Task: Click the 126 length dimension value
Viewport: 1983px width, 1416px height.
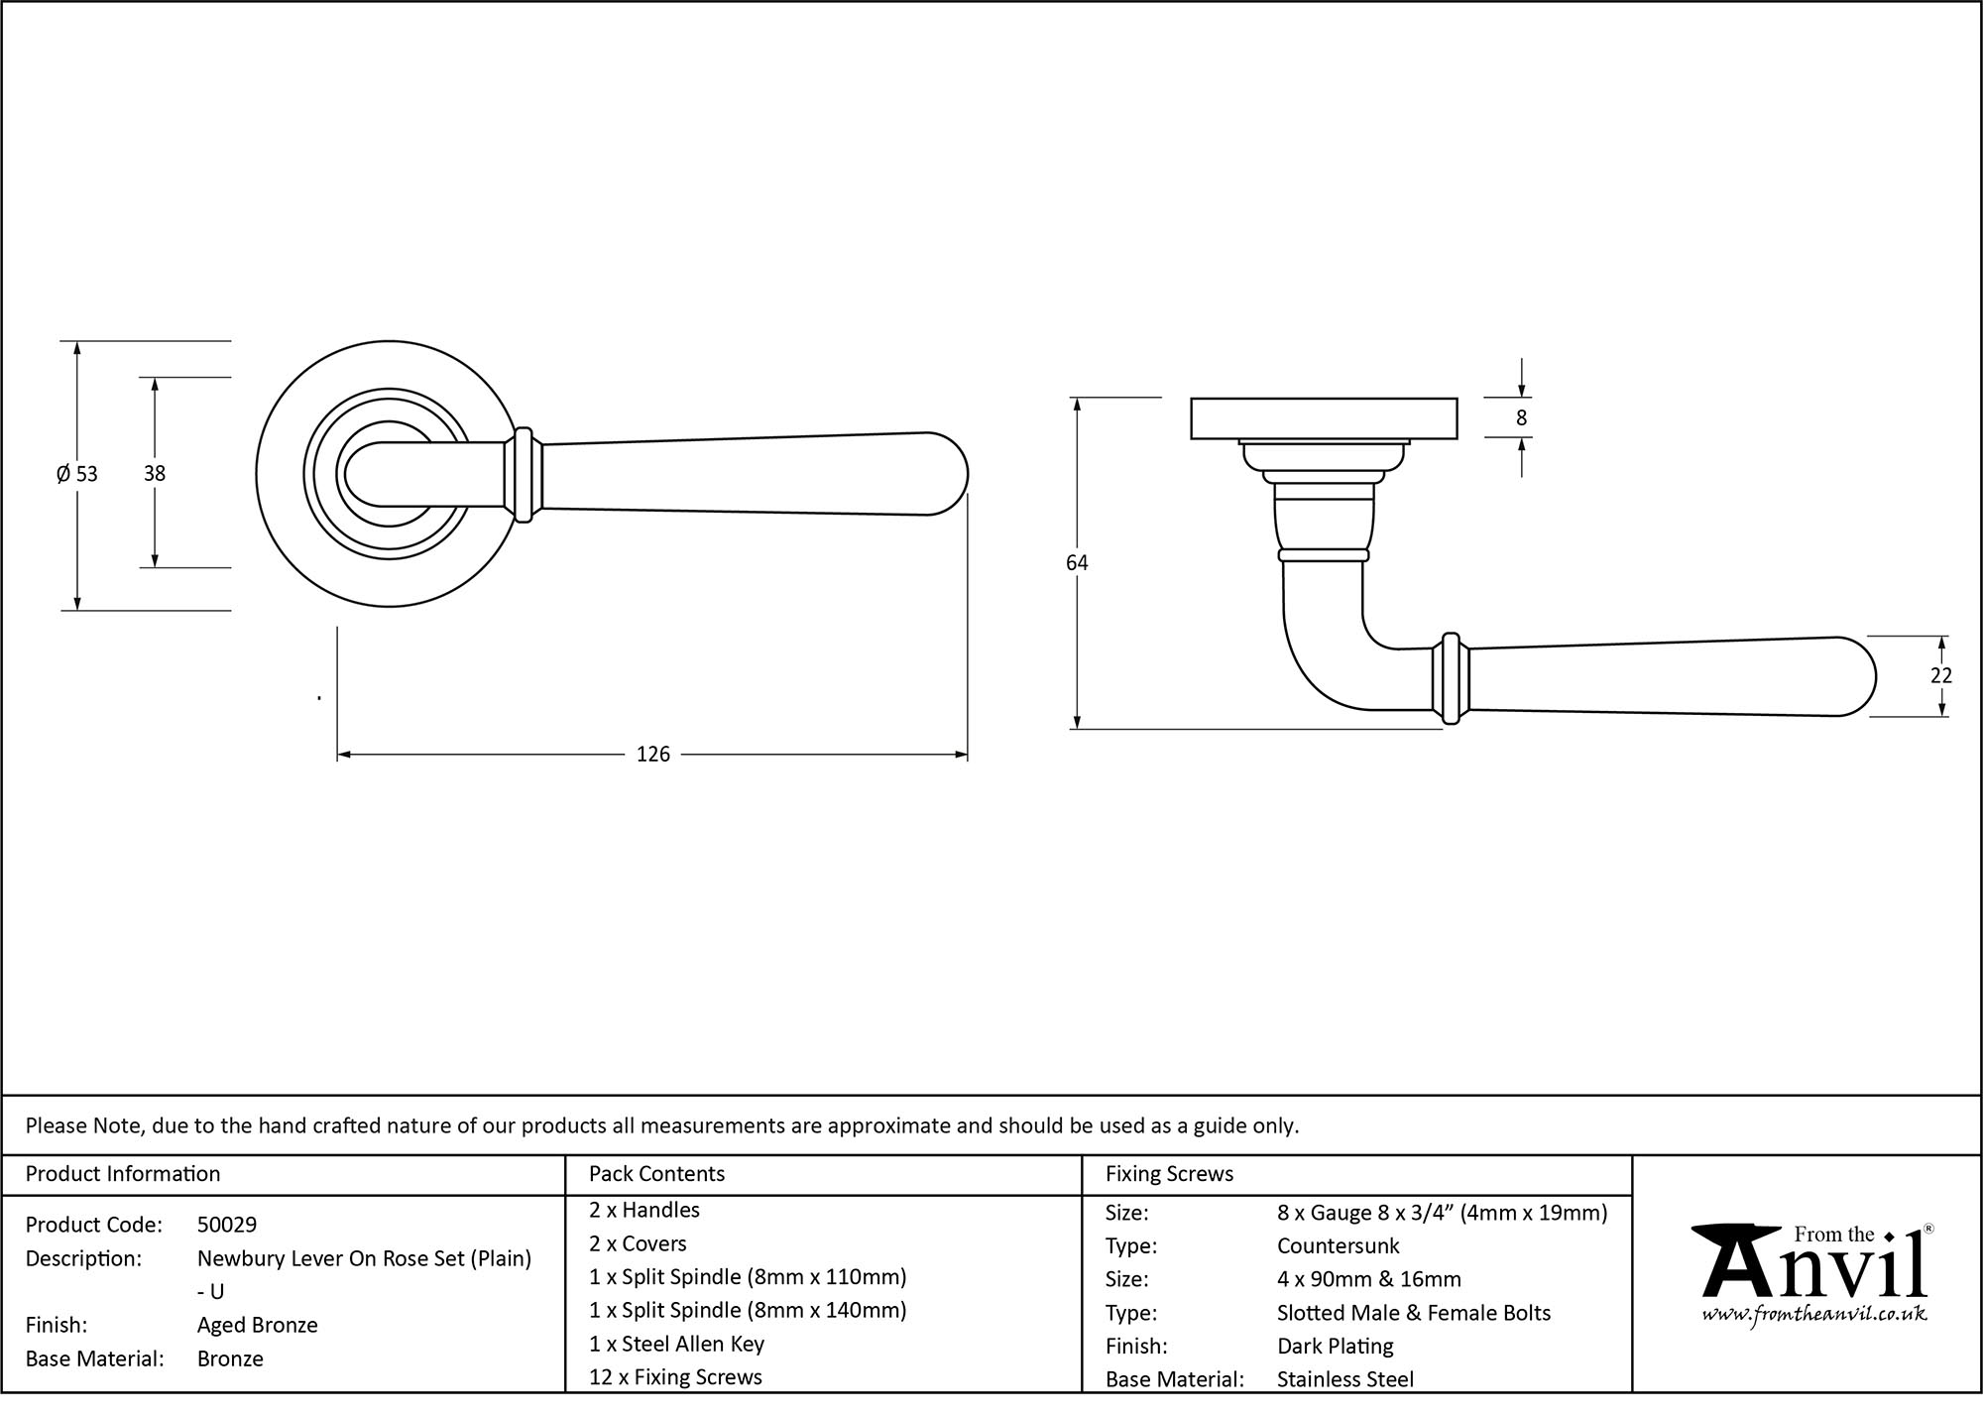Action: pos(652,755)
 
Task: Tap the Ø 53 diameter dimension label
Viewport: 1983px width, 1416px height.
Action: pos(77,474)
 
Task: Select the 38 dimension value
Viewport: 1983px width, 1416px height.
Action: pos(154,474)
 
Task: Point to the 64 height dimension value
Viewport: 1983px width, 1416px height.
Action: pos(1077,563)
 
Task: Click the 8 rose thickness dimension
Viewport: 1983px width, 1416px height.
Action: pos(1521,418)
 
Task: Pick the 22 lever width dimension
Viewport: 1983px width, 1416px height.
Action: pos(1940,676)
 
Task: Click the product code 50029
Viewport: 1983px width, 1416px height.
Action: pos(227,1225)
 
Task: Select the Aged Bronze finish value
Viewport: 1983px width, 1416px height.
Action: pos(257,1325)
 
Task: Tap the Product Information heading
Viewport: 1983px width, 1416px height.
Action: pos(123,1174)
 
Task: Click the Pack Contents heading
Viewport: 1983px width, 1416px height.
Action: pos(656,1174)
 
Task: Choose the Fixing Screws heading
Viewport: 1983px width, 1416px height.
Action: pos(1169,1174)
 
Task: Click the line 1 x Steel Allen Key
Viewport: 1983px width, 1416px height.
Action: pos(676,1344)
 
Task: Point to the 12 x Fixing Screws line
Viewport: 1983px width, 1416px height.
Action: pos(675,1377)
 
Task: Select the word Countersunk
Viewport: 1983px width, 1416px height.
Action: pos(1338,1245)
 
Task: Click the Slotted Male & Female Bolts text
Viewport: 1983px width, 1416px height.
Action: pos(1413,1313)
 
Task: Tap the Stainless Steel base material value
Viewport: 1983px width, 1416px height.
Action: pos(1344,1379)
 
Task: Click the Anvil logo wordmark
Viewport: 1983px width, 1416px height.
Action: pos(1813,1269)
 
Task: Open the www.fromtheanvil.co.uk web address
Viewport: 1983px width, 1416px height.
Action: pos(1813,1315)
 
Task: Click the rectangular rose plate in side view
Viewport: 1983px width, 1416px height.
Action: pos(1323,417)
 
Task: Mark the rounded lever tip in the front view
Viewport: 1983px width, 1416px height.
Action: pos(947,474)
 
